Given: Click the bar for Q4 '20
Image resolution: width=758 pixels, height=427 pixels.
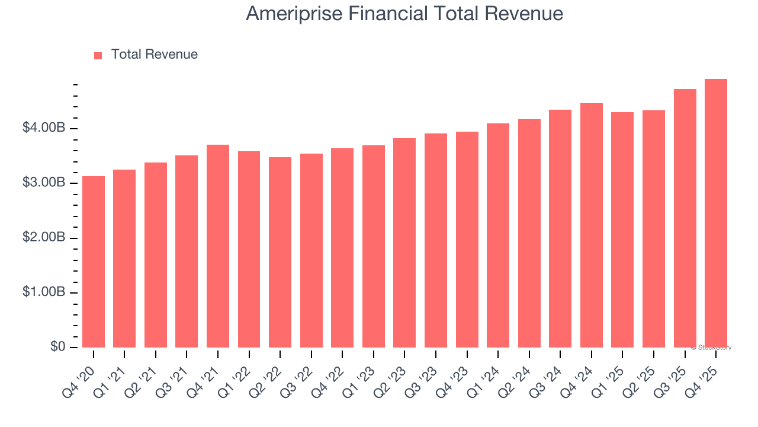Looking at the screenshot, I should pos(94,262).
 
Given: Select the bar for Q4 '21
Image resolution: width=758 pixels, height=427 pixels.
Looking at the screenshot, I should pos(218,246).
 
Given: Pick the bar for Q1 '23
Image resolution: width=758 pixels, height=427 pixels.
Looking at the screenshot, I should pos(374,246).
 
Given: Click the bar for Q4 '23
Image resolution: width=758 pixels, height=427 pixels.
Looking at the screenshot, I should pos(467,240).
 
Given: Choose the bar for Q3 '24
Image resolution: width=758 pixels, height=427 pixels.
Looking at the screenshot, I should pos(560,228).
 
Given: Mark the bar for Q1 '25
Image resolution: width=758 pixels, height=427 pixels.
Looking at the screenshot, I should pos(622,230).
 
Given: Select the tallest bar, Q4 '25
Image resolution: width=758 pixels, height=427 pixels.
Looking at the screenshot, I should pos(716,213).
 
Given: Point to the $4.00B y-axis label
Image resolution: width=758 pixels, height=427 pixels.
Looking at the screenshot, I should pos(44,128).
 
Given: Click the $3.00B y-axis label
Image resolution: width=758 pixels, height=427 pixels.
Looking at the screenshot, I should pos(44,183).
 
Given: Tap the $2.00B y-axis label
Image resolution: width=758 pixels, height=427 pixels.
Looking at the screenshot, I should pos(44,238).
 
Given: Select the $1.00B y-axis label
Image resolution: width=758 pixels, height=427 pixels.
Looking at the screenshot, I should pos(44,292).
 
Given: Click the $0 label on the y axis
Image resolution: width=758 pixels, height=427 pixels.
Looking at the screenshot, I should pos(57,347).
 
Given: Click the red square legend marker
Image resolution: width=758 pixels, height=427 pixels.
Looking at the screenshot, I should pos(98,55).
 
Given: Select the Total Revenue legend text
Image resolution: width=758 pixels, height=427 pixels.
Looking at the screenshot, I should pos(154,55).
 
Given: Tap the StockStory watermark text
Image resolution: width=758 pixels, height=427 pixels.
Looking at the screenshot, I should pos(713,348).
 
